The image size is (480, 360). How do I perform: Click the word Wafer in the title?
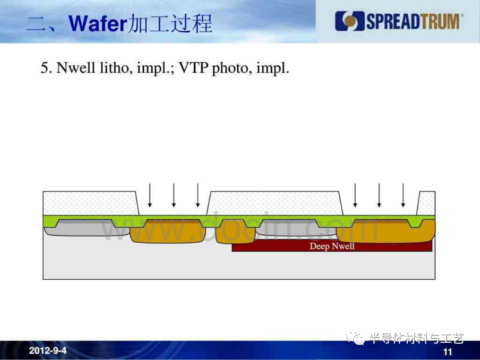tap(97, 24)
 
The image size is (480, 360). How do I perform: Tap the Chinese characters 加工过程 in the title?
tap(170, 24)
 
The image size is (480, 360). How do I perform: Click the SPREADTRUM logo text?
tap(414, 21)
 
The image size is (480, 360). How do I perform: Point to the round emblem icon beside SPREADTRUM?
tap(350, 21)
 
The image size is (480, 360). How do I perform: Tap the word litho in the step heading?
tap(116, 68)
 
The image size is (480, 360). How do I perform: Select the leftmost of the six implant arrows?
tap(150, 195)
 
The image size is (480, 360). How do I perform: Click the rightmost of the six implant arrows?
tap(403, 195)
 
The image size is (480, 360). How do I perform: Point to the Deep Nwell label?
tap(332, 246)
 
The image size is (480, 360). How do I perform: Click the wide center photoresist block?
tap(275, 204)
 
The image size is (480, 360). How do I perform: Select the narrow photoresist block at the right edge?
tap(426, 204)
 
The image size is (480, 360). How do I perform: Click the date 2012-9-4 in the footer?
tap(48, 350)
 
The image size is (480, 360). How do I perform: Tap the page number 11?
tap(448, 352)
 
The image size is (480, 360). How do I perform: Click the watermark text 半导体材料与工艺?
tap(416, 338)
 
